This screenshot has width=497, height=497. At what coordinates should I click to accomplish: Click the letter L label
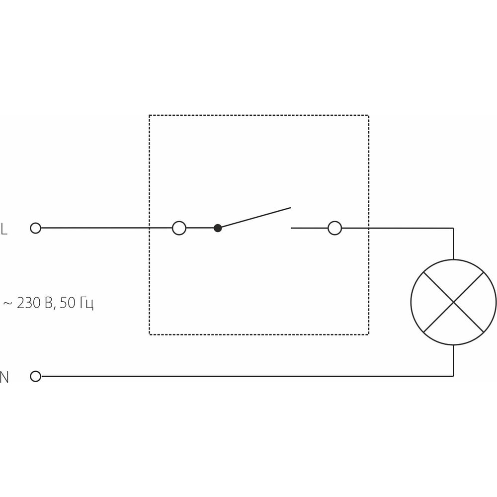pyautogui.click(x=4, y=229)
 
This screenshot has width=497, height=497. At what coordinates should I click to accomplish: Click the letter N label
pyautogui.click(x=4, y=377)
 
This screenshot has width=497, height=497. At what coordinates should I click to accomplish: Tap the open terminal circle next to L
pyautogui.click(x=35, y=228)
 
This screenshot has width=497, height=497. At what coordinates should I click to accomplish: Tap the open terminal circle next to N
pyautogui.click(x=35, y=376)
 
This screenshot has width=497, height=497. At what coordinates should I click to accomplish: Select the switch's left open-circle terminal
pyautogui.click(x=179, y=228)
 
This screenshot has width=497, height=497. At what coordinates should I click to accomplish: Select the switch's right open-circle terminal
pyautogui.click(x=334, y=228)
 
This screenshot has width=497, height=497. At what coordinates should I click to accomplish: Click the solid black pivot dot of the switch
pyautogui.click(x=218, y=228)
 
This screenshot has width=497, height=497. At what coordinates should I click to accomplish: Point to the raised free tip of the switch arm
pyautogui.click(x=291, y=208)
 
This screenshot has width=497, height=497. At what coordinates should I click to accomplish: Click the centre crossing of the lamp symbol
pyautogui.click(x=454, y=302)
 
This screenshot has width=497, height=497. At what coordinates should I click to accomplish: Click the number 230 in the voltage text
pyautogui.click(x=29, y=303)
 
